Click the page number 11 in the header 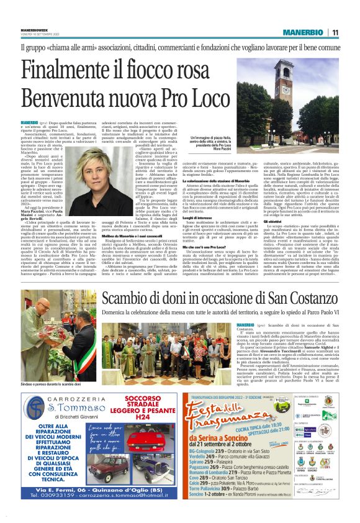335,32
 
